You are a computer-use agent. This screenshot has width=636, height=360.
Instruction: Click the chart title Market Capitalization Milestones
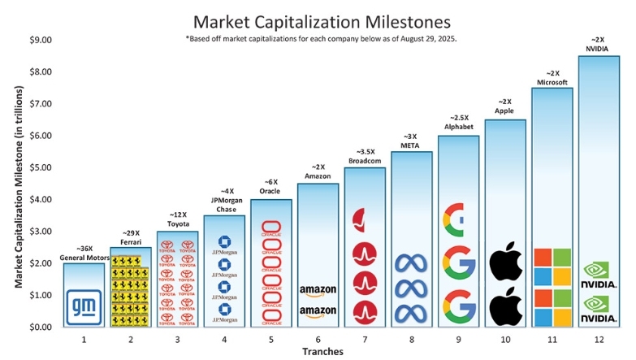point(318,20)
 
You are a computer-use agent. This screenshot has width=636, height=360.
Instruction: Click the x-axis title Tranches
point(323,351)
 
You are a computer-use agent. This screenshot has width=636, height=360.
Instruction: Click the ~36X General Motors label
point(83,253)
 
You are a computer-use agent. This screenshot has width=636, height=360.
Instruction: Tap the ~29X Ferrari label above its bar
point(130,236)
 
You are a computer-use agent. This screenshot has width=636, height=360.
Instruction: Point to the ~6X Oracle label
point(270,188)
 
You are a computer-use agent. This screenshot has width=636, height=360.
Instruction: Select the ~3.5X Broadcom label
point(365,155)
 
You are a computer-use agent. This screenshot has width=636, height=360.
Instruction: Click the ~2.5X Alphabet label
point(458,123)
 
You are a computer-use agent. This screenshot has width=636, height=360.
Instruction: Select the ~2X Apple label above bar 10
point(505,106)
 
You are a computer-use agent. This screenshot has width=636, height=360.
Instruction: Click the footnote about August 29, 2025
point(321,38)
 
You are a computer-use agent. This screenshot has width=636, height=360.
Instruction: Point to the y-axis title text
point(17,184)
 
